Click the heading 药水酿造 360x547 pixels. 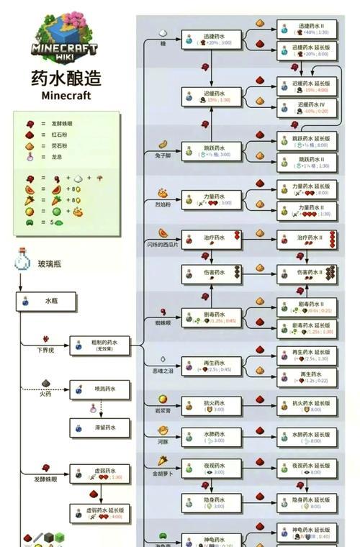click(66, 77)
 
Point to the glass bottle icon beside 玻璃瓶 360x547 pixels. click(21, 263)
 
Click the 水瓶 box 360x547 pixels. click(46, 302)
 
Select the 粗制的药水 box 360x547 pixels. click(100, 345)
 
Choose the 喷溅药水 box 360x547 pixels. click(100, 391)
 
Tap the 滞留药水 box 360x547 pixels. click(100, 428)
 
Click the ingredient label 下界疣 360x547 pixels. click(45, 349)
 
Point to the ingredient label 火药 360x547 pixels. click(45, 394)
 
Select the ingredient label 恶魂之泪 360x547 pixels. click(163, 371)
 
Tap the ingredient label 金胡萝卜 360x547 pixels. click(163, 474)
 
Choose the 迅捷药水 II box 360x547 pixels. click(307, 29)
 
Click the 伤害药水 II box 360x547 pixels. click(307, 273)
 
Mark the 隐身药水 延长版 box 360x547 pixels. click(307, 502)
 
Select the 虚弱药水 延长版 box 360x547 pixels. click(100, 513)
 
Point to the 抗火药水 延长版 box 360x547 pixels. click(307, 406)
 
